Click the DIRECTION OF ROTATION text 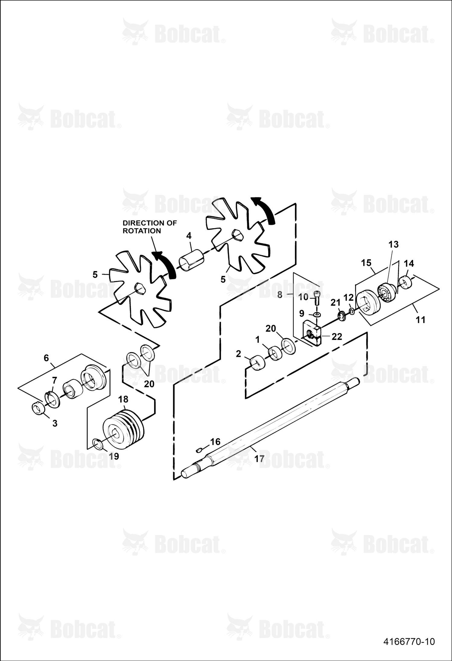[x=150, y=227]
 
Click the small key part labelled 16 [x=199, y=450]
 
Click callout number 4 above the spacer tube [x=189, y=236]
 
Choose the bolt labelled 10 [x=317, y=298]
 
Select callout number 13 [x=393, y=244]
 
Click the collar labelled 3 [x=38, y=409]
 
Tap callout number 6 [x=46, y=358]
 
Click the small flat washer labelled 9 [x=317, y=315]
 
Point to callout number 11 [x=420, y=319]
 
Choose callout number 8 [x=280, y=295]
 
